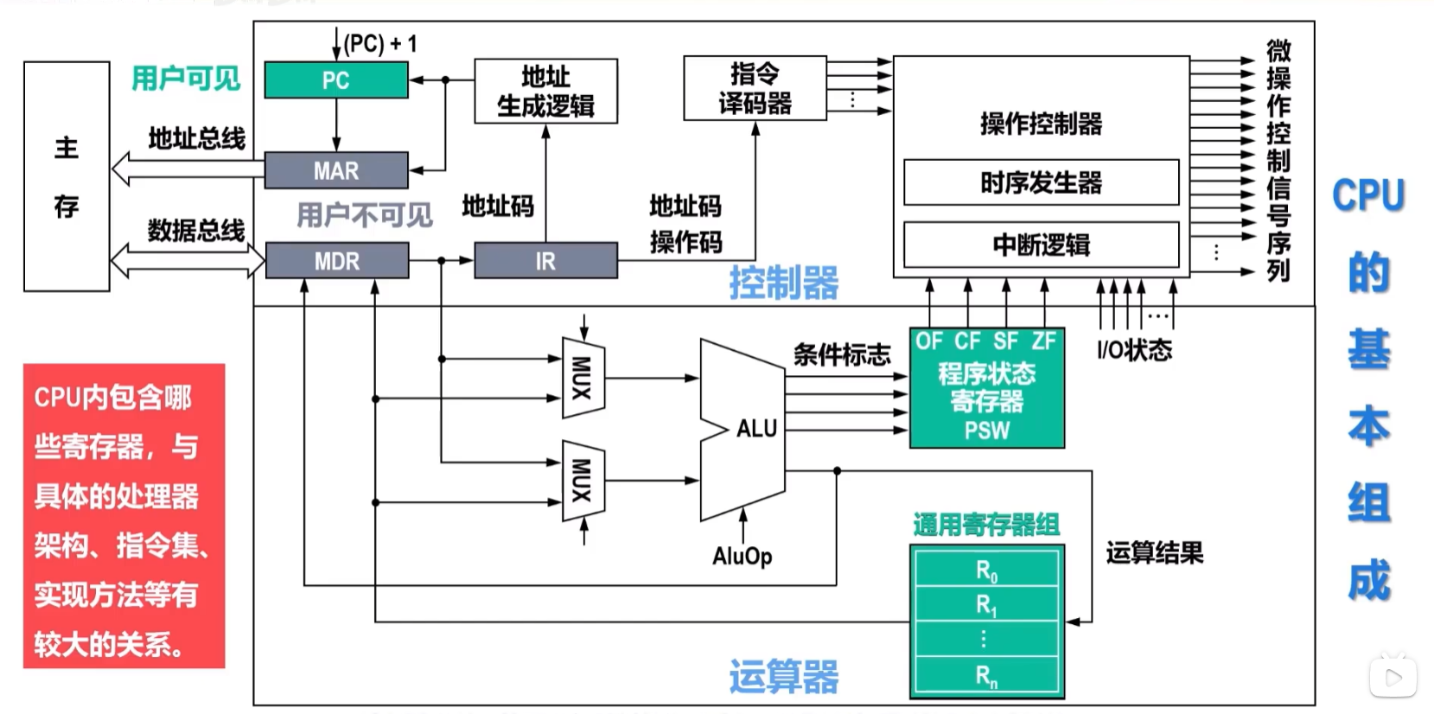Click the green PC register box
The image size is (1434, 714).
click(x=335, y=80)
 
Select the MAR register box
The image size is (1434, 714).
click(x=335, y=170)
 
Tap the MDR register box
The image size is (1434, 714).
click(x=336, y=260)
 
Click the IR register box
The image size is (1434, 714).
click(x=545, y=260)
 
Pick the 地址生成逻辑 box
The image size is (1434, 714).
click(x=545, y=91)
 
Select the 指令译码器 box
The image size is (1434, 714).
click(x=755, y=88)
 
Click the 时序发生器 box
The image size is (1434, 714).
click(x=1041, y=182)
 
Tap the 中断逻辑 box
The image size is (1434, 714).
click(x=1041, y=245)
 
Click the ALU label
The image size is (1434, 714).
click(x=756, y=428)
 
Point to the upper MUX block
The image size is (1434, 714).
click(x=583, y=378)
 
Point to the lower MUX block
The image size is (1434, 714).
click(x=583, y=481)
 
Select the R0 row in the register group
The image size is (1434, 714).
click(x=986, y=571)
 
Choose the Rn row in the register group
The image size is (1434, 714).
click(x=986, y=676)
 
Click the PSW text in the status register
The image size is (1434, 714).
click(x=986, y=430)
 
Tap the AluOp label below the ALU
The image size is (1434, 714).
click(x=742, y=556)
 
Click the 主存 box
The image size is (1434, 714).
click(x=67, y=176)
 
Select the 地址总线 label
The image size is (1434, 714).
click(x=196, y=138)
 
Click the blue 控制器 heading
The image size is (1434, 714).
click(x=783, y=283)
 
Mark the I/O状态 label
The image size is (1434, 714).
click(x=1134, y=350)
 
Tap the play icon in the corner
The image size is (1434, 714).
click(x=1393, y=678)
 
